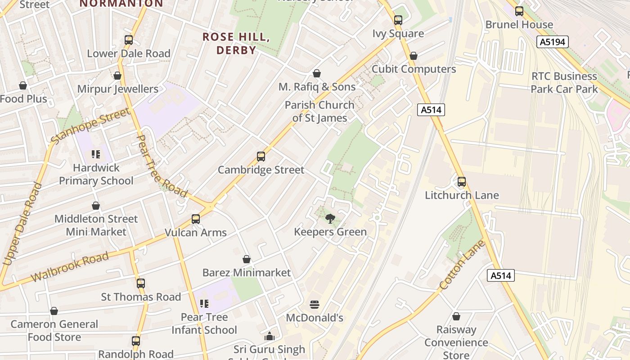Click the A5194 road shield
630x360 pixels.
tap(553, 42)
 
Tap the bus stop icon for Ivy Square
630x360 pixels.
tap(398, 20)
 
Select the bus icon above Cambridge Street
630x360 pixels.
tap(261, 157)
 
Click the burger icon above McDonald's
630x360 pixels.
tap(315, 305)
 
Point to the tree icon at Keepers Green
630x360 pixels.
tap(330, 219)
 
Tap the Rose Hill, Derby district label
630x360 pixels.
tap(236, 43)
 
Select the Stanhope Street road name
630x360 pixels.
tap(90, 126)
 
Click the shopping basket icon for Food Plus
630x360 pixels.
tap(23, 85)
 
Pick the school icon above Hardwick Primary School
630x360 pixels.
tap(96, 154)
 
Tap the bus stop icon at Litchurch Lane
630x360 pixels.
tap(462, 182)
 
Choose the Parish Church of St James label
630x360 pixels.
tap(319, 112)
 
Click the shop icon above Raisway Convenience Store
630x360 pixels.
tap(456, 316)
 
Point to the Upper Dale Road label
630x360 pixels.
tap(18, 224)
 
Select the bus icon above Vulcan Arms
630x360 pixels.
tap(195, 219)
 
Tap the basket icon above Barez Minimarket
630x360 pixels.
tap(246, 259)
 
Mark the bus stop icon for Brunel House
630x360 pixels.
tap(519, 11)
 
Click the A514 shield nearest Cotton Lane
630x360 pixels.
tap(500, 275)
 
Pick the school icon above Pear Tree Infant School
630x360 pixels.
tap(204, 304)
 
